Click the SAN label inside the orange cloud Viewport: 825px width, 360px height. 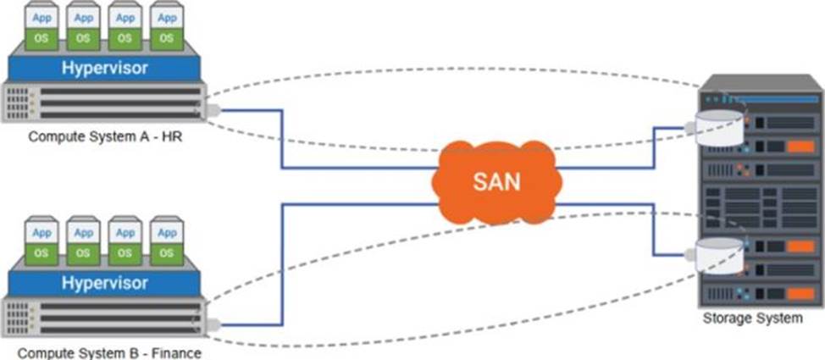(496, 181)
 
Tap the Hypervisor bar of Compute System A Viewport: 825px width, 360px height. (105, 68)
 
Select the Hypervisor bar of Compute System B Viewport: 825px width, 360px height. (105, 283)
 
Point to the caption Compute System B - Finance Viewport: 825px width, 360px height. (109, 352)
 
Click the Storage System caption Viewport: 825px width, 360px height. (753, 318)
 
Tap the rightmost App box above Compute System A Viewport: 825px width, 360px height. (167, 18)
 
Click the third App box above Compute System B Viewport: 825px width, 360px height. (125, 233)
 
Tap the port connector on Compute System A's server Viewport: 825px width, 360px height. (213, 110)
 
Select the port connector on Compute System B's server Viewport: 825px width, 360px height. (213, 325)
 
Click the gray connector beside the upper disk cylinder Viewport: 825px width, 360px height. (690, 127)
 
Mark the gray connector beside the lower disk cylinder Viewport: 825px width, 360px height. (690, 255)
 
